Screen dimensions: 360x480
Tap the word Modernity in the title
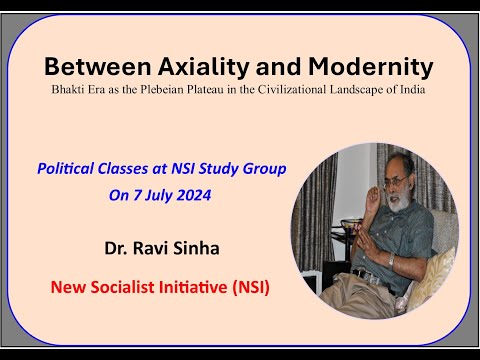point(371,68)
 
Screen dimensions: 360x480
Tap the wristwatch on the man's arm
point(393,261)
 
